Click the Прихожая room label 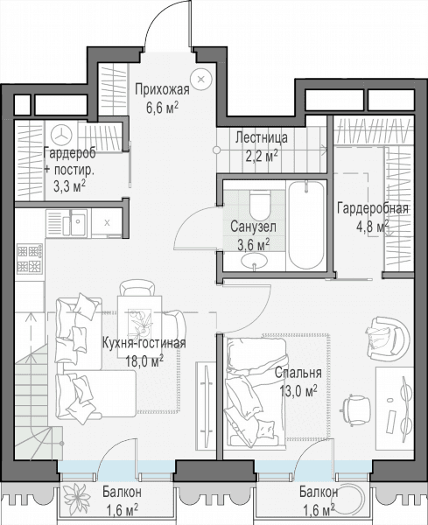(163, 90)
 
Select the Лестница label (261, 137)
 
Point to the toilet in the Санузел (259, 204)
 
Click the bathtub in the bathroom (306, 225)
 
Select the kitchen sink (75, 222)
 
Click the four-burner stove (30, 258)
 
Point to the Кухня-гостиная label (144, 343)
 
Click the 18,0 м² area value (144, 360)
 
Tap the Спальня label (298, 373)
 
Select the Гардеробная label (372, 208)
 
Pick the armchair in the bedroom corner (387, 338)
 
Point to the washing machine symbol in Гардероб (61, 136)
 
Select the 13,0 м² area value (298, 390)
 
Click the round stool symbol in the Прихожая (201, 80)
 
